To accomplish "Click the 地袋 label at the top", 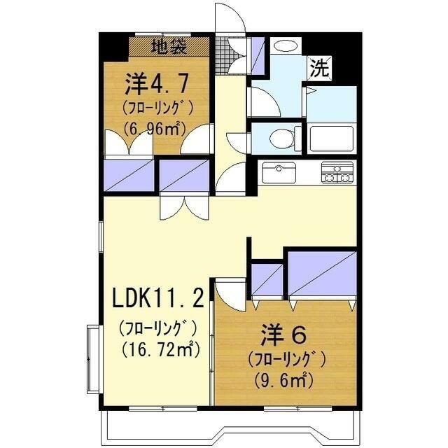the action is pyautogui.click(x=169, y=46).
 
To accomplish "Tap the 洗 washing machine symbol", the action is pyautogui.click(x=319, y=67).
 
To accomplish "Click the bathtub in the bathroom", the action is pyautogui.click(x=332, y=139).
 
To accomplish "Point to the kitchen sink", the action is pyautogui.click(x=279, y=173).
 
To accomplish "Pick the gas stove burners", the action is pyautogui.click(x=337, y=172).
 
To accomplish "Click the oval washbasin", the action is pyautogui.click(x=286, y=45).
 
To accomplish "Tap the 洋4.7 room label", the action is pyautogui.click(x=157, y=84).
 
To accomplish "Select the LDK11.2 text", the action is pyautogui.click(x=158, y=298).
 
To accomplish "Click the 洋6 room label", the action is pyautogui.click(x=283, y=335).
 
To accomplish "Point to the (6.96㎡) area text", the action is pyautogui.click(x=154, y=129).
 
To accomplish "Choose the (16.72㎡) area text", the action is pyautogui.click(x=160, y=350).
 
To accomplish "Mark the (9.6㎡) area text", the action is pyautogui.click(x=283, y=379).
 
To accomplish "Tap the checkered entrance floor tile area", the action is pyautogui.click(x=223, y=56).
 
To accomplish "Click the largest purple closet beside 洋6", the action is pyautogui.click(x=322, y=274).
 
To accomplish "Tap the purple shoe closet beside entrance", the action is pyautogui.click(x=258, y=55).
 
